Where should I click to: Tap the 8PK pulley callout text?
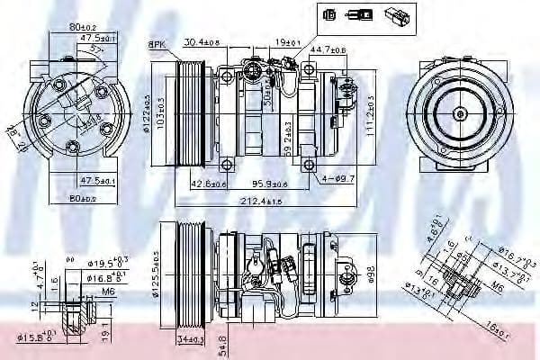click(157, 44)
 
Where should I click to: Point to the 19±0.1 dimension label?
click(288, 41)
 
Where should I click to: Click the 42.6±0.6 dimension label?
click(208, 183)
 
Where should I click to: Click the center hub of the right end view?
click(459, 113)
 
